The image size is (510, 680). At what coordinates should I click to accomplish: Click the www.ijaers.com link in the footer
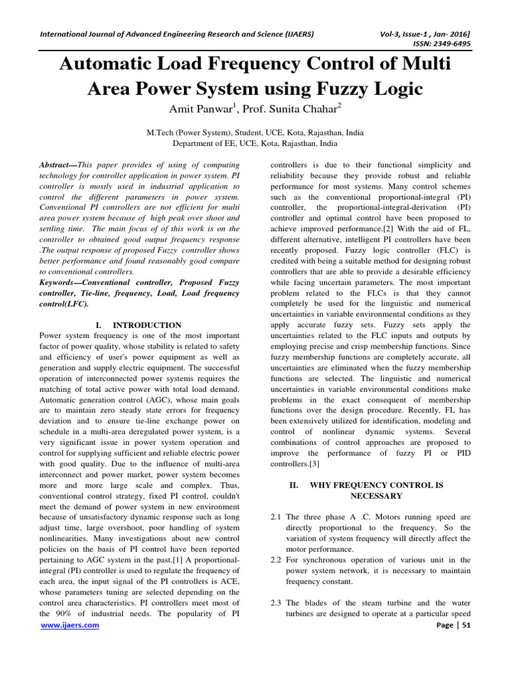pyautogui.click(x=70, y=644)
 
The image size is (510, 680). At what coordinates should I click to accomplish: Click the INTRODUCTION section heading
pyautogui.click(x=147, y=325)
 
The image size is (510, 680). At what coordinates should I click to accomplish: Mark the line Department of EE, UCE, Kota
pyautogui.click(x=255, y=143)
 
